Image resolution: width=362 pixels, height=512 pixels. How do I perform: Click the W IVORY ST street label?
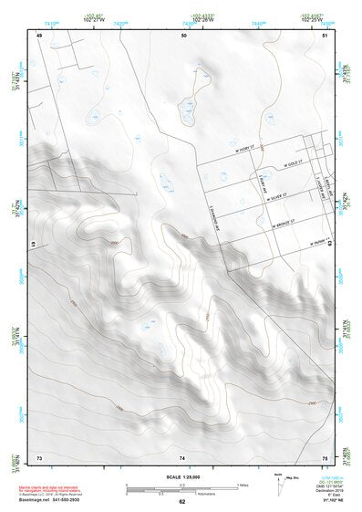[x=248, y=144]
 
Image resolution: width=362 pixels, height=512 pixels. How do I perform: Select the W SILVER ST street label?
[x=274, y=194]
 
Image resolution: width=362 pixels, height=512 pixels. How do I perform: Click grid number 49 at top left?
[x=39, y=36]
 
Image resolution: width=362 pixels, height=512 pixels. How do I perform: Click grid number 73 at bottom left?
[x=39, y=455]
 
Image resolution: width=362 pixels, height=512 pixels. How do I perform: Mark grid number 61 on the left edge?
[x=32, y=246]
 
